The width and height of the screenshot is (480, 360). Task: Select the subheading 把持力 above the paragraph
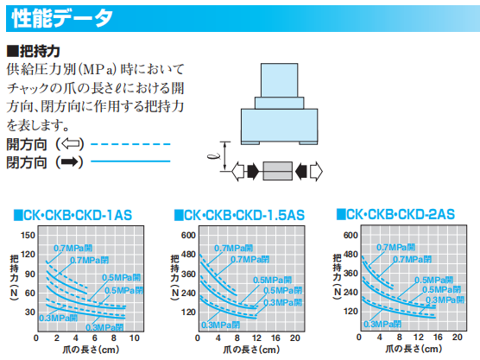coord(32,51)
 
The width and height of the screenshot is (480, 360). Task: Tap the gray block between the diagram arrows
coord(278,171)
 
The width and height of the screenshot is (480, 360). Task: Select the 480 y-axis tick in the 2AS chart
coord(350,255)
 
